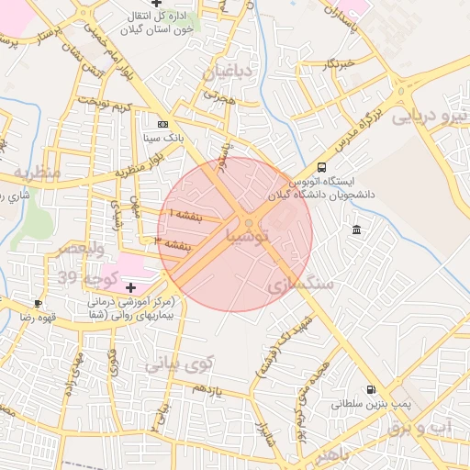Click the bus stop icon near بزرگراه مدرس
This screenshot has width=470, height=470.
click(321, 167)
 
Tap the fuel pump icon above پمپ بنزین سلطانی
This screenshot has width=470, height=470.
click(370, 389)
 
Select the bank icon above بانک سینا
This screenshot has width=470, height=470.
click(163, 124)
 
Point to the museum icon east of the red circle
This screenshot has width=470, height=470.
click(355, 229)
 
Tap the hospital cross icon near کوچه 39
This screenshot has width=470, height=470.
click(130, 287)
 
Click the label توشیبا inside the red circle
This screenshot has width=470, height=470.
click(248, 237)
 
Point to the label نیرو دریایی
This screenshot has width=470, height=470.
click(430, 117)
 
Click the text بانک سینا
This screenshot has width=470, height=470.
click(162, 140)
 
